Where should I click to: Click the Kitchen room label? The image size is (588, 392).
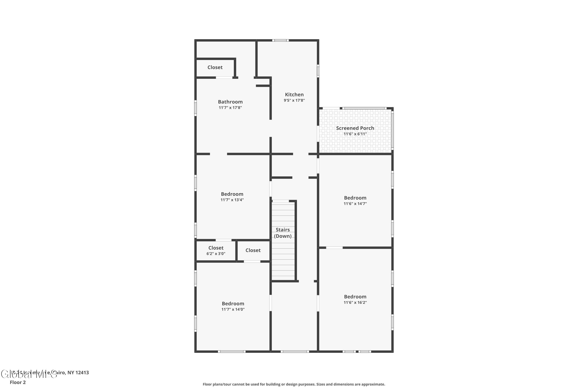(x=294, y=94)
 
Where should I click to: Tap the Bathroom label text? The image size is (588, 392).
(x=230, y=102)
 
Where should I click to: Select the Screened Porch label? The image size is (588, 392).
(x=355, y=128)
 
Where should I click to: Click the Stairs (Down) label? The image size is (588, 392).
(x=283, y=233)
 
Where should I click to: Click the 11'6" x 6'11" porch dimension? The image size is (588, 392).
(x=355, y=134)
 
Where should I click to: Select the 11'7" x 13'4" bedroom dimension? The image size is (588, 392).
(x=232, y=200)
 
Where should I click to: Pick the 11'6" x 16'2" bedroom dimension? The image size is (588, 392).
(x=355, y=302)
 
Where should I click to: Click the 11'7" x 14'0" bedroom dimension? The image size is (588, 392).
(x=233, y=309)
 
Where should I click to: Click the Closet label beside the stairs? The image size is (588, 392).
(x=253, y=250)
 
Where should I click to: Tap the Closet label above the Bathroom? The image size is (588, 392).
(x=215, y=67)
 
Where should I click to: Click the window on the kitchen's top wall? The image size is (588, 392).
(x=280, y=40)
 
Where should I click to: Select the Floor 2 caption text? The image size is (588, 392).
(x=18, y=382)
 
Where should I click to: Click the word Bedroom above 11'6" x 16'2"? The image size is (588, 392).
(x=355, y=297)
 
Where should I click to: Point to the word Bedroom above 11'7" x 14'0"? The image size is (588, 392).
(x=233, y=303)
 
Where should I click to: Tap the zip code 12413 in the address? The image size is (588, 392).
(x=82, y=373)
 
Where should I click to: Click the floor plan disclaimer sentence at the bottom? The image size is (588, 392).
(x=294, y=384)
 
